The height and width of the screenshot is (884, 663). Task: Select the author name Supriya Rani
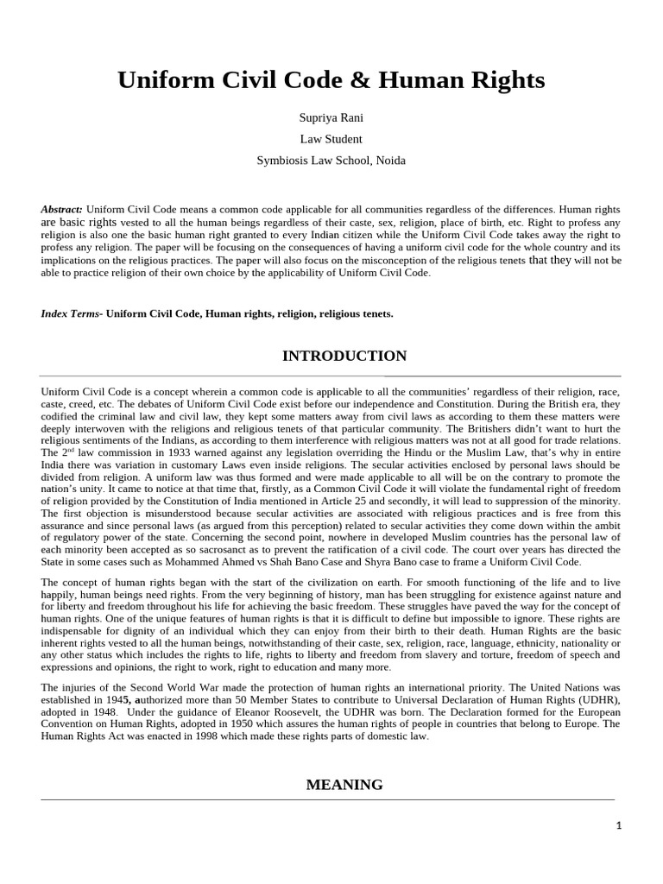click(331, 117)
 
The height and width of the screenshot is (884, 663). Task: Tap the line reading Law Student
click(331, 139)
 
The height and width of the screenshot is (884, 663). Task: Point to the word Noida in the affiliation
click(388, 160)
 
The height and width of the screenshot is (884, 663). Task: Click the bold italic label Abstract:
click(62, 210)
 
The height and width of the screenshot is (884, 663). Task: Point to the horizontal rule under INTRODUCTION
click(331, 376)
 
